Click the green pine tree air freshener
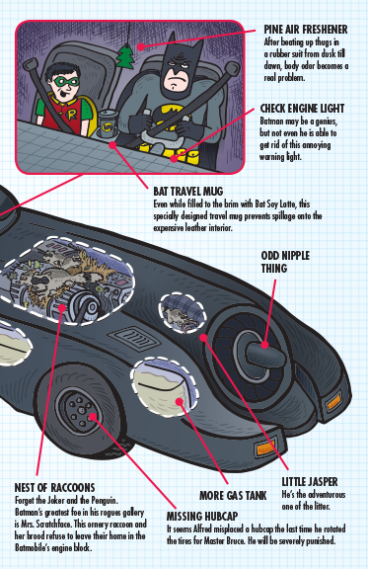tap(125, 56)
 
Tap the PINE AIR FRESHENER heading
tap(306, 30)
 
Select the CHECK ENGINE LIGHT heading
tap(302, 109)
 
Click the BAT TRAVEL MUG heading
tap(188, 192)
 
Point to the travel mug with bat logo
tap(109, 123)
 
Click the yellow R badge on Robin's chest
tap(72, 115)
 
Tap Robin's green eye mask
tap(66, 82)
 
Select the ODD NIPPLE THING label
tap(285, 262)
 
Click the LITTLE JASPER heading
tap(310, 482)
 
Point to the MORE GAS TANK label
tap(233, 495)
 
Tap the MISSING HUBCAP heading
tap(202, 516)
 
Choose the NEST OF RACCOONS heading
tap(54, 487)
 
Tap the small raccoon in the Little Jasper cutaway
tap(181, 317)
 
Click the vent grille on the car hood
tap(136, 338)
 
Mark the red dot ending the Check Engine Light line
tap(175, 158)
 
